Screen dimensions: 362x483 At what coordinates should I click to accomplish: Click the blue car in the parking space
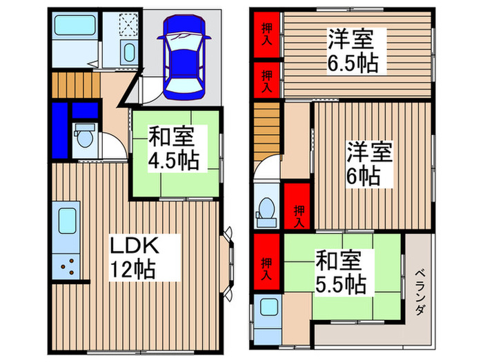[x=182, y=57]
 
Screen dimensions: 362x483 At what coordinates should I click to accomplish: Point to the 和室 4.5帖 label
[x=173, y=149]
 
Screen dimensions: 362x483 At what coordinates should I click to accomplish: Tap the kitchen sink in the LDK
[x=68, y=223]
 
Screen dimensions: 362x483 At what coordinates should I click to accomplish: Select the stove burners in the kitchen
[x=68, y=265]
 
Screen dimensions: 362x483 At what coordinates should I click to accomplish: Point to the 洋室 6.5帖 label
[x=351, y=52]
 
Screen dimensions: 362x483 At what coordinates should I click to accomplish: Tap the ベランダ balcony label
[x=420, y=293]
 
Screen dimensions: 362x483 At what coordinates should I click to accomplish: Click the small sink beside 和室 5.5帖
[x=266, y=310]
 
